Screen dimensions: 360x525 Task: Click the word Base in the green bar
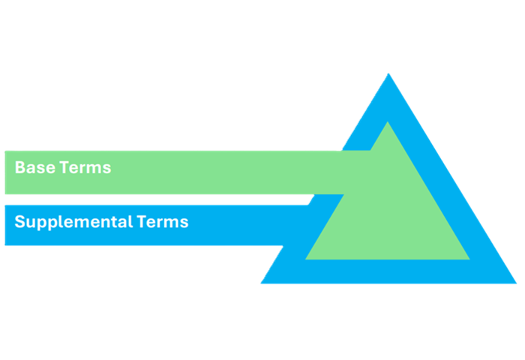click(x=30, y=167)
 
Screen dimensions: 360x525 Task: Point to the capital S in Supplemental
click(x=19, y=222)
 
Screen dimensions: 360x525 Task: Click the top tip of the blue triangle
click(x=388, y=75)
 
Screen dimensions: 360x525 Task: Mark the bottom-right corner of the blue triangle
click(x=515, y=283)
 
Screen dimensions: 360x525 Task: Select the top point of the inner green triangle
click(x=388, y=123)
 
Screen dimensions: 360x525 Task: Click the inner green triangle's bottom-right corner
click(x=469, y=259)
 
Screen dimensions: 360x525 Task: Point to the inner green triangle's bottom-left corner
click(x=307, y=259)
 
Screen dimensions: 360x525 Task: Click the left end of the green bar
click(x=6, y=172)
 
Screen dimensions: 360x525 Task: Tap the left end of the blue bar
click(x=6, y=225)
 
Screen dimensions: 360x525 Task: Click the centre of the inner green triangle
click(x=388, y=214)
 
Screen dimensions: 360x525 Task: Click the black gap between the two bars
click(x=150, y=199)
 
